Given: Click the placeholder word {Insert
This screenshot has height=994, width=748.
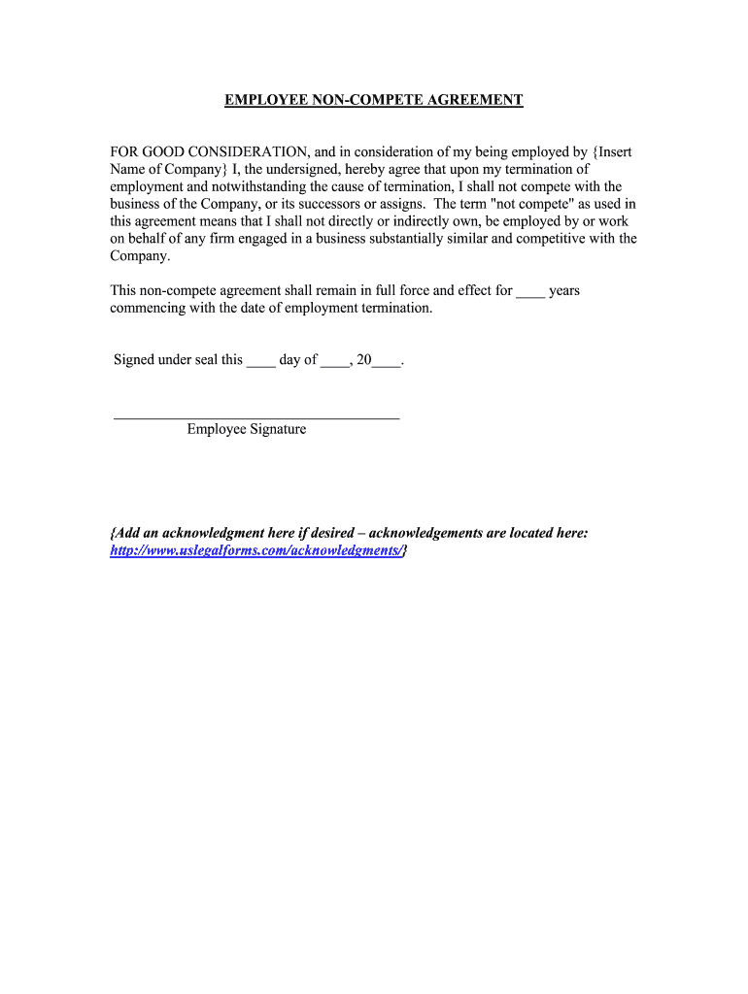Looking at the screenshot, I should pyautogui.click(x=612, y=152).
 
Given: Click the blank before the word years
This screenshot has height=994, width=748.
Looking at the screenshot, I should pyautogui.click(x=530, y=291).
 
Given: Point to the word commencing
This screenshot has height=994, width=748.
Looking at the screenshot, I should pyautogui.click(x=150, y=308).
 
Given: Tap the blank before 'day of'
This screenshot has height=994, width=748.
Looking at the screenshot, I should pyautogui.click(x=260, y=361).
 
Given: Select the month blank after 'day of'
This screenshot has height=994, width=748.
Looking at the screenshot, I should pyautogui.click(x=335, y=361).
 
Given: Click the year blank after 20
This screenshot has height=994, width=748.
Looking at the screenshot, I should pyautogui.click(x=387, y=361).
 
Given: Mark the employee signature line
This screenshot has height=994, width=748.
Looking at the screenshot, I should pyautogui.click(x=256, y=417).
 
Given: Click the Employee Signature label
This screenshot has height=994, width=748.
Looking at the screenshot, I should pyautogui.click(x=247, y=429).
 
